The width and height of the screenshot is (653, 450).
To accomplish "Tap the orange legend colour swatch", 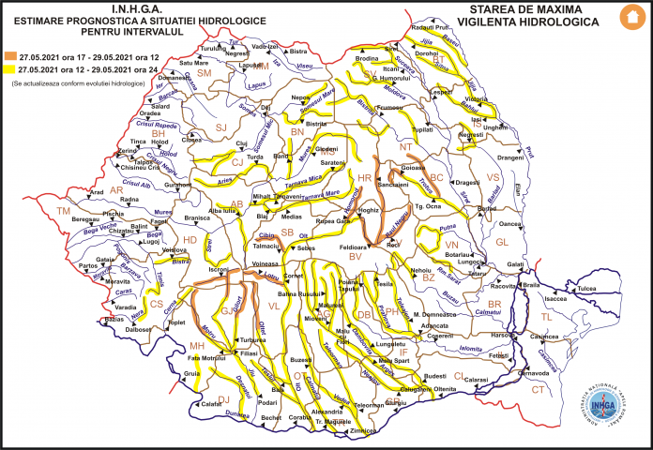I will (9, 55).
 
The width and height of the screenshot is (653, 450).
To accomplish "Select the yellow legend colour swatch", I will (9, 68).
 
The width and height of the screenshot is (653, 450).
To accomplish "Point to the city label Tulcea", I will (587, 290).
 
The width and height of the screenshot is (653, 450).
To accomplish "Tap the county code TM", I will (64, 212).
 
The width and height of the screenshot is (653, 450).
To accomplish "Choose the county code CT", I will (538, 388).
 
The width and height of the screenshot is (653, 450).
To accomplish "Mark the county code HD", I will (189, 239).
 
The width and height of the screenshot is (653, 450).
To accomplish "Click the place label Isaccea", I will (557, 298).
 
